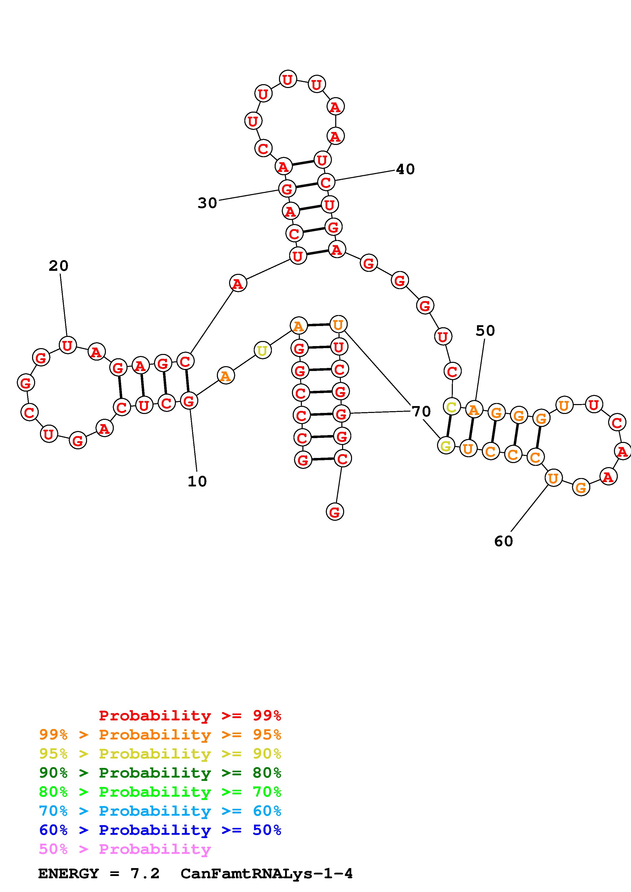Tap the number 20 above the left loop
(58, 266)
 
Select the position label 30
(207, 203)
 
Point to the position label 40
(405, 169)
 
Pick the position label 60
(503, 541)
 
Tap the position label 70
(421, 411)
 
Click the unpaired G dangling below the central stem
(335, 512)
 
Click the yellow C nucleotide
(451, 407)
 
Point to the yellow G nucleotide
(446, 445)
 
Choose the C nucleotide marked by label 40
(326, 182)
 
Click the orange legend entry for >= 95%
(160, 735)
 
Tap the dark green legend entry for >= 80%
(160, 773)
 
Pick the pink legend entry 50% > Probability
(125, 849)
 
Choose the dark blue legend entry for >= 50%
(160, 830)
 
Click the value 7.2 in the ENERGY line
(145, 873)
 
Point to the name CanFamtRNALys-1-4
(267, 873)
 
